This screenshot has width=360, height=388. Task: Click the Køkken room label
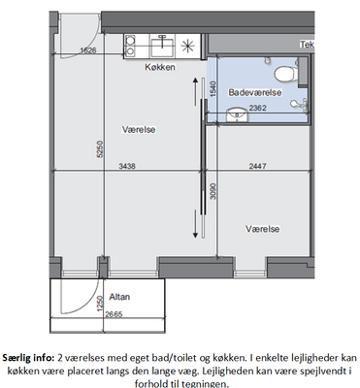point(160,67)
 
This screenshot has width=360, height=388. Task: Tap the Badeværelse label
point(255,92)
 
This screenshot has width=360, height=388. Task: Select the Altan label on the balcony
point(119,297)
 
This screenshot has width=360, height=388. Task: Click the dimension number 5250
point(100,149)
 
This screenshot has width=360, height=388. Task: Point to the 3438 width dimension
point(127,166)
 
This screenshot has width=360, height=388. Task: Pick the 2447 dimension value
point(258,166)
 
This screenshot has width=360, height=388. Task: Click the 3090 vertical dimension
point(213,191)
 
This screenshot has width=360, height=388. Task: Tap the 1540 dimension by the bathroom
point(213,89)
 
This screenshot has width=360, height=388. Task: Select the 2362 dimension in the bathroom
point(258,108)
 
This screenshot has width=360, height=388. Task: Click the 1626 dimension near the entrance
point(88,50)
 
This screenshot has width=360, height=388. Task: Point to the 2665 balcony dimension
point(114,314)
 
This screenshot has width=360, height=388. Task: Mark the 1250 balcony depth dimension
point(100,304)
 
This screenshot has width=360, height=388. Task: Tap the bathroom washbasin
point(238,114)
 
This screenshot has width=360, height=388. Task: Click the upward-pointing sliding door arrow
point(195,91)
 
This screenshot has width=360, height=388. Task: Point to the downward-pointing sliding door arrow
point(195,224)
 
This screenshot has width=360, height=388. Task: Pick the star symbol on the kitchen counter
point(187,47)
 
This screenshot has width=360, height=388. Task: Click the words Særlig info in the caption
point(29,358)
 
